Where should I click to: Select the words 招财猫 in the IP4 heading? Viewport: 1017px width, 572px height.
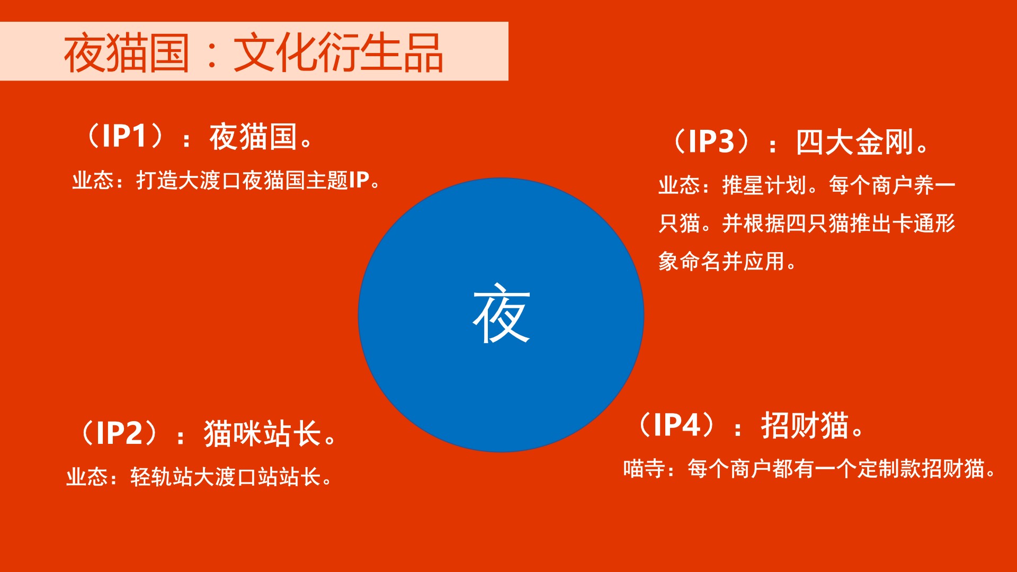tap(805, 425)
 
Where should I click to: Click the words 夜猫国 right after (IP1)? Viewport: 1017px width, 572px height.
tap(253, 137)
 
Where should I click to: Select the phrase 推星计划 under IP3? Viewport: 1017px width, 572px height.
tap(764, 185)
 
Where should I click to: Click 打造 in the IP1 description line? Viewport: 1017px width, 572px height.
tap(157, 181)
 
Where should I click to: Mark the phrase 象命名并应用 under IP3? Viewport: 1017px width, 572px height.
tap(721, 262)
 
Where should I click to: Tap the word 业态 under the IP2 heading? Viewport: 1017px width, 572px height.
tap(87, 477)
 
